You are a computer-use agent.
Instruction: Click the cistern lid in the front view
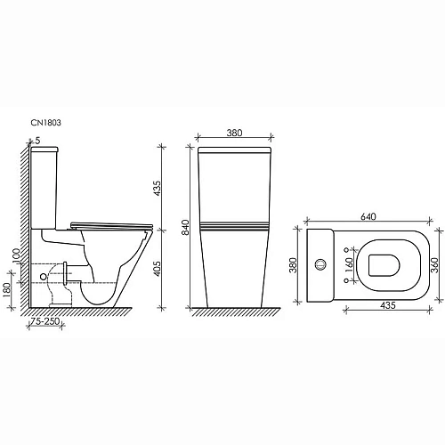233,152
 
